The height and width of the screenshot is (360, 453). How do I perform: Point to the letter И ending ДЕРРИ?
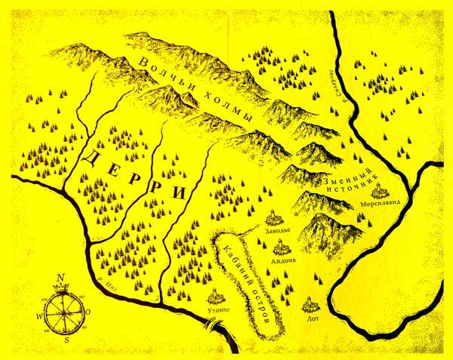point(180,193)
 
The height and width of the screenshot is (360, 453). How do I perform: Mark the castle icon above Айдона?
point(279,245)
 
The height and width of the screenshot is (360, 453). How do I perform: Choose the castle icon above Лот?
point(308,306)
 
